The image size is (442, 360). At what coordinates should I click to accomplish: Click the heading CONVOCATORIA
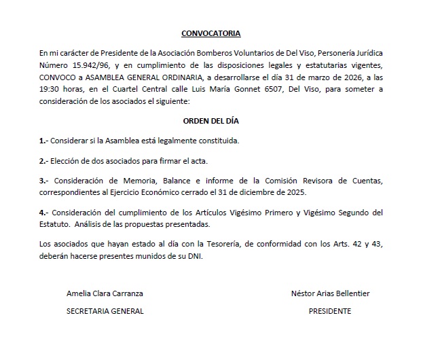pos(210,33)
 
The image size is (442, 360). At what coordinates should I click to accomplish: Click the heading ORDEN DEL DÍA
pos(210,120)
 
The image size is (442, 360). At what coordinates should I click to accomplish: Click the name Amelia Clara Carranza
pos(105,294)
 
